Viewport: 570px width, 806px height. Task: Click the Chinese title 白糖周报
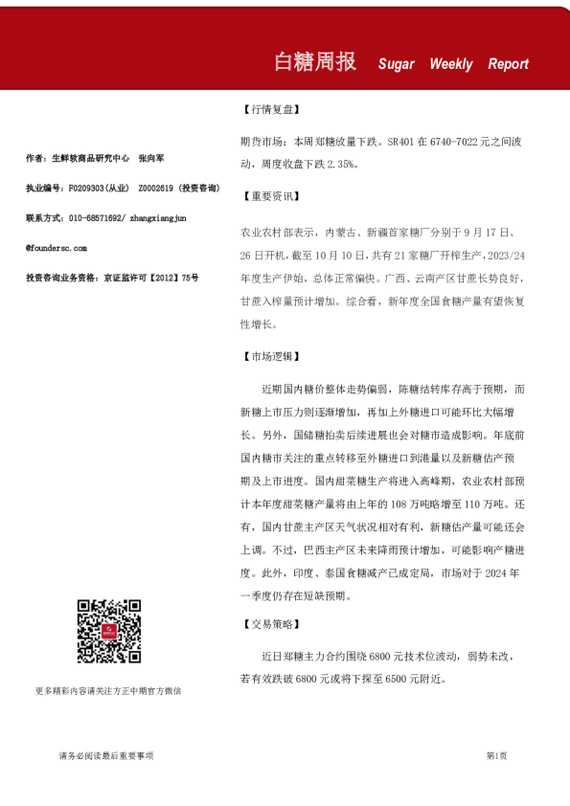(314, 61)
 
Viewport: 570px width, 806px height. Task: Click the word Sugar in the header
(397, 64)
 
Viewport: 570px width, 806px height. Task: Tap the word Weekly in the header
(451, 64)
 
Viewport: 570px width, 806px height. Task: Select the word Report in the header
(508, 64)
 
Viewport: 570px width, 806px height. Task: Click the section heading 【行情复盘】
(268, 109)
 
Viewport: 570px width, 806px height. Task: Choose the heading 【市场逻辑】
(268, 357)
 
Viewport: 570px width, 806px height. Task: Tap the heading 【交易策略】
(268, 625)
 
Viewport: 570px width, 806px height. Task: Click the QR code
(108, 631)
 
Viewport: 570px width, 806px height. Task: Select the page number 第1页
(496, 755)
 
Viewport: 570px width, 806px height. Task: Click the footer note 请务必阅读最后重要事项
(105, 755)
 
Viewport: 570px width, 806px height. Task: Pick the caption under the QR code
(107, 690)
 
